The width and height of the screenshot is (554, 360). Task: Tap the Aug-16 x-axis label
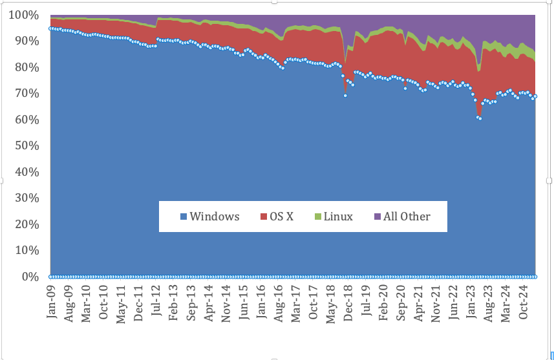tap(279, 305)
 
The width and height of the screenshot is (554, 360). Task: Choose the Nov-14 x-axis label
tap(226, 305)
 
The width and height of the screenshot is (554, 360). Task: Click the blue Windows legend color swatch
tap(184, 217)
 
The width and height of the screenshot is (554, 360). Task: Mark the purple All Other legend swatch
tap(378, 217)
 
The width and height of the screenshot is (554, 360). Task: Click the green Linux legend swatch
tap(317, 217)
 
